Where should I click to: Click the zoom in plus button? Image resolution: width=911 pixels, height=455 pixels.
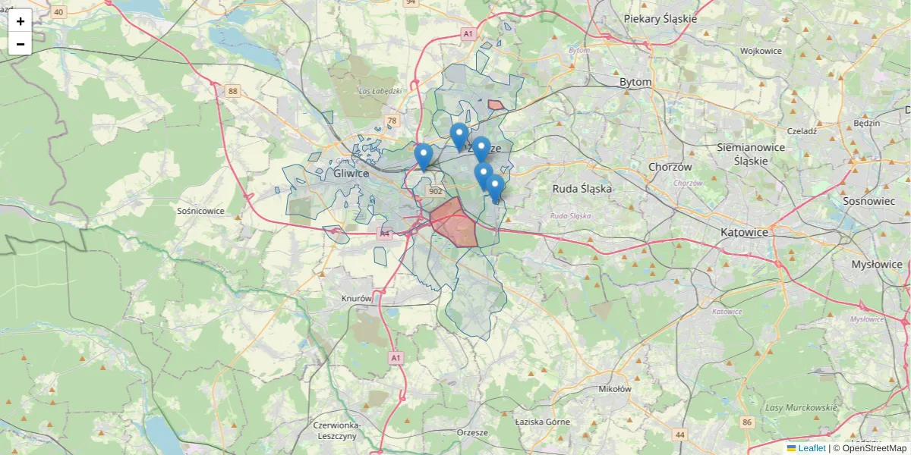20,21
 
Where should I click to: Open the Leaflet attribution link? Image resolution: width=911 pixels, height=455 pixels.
812,448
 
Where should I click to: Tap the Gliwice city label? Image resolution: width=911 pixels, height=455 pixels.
351,174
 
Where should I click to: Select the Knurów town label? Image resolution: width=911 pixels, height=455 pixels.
356,299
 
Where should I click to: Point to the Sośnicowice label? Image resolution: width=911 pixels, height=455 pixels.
200,211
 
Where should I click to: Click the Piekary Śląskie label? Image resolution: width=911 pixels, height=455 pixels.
660,18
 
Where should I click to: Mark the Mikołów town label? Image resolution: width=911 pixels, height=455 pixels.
615,389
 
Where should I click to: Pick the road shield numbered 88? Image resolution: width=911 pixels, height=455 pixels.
232,91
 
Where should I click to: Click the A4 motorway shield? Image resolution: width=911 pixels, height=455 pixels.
385,234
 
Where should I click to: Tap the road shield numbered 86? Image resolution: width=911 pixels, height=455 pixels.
748,422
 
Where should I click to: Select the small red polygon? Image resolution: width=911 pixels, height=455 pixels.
496,105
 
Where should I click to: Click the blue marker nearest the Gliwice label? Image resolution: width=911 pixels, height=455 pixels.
424,156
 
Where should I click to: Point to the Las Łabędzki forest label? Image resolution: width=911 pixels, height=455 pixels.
379,91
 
